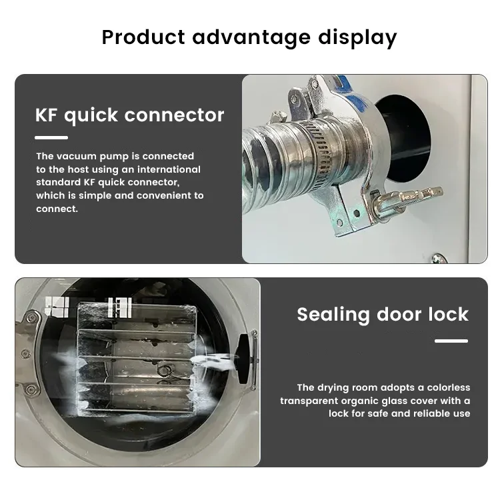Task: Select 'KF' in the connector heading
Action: [49, 115]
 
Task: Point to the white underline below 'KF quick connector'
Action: [51, 138]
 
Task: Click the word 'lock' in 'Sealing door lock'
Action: [446, 314]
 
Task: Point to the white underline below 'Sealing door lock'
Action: [451, 341]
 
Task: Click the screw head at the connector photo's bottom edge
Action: [437, 259]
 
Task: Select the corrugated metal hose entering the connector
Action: [267, 160]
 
